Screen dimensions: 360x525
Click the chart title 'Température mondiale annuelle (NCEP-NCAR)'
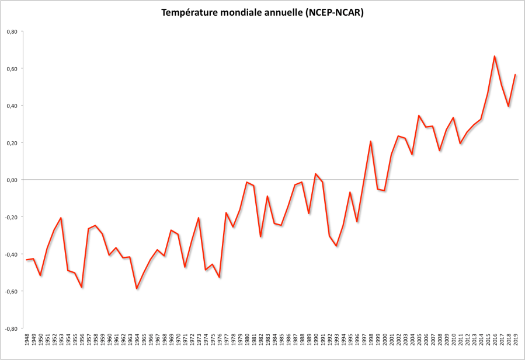tap(262, 13)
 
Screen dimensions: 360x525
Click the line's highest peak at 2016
tap(495, 56)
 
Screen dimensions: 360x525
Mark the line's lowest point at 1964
tap(137, 289)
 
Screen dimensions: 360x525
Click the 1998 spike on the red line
tap(371, 141)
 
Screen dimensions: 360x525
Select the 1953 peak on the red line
tap(61, 218)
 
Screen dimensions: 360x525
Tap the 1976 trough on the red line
tap(219, 277)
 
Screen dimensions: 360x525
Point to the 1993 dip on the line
tap(336, 246)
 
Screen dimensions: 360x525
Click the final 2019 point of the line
tap(516, 75)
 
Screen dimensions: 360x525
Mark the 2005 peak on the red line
tap(419, 116)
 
